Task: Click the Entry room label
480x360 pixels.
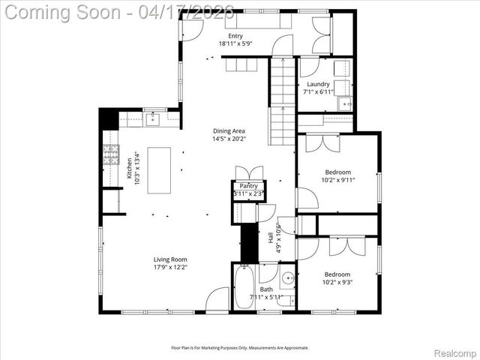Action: point(235,36)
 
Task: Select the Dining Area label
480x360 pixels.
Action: point(229,130)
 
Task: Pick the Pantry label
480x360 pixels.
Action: point(249,186)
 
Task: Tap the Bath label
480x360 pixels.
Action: point(266,289)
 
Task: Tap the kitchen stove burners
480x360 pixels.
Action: point(111,154)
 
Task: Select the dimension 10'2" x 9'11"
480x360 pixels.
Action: point(338,180)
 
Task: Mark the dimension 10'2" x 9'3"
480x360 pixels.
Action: point(337,283)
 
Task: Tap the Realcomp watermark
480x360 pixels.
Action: point(454,352)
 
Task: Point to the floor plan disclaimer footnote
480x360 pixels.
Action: point(240,347)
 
